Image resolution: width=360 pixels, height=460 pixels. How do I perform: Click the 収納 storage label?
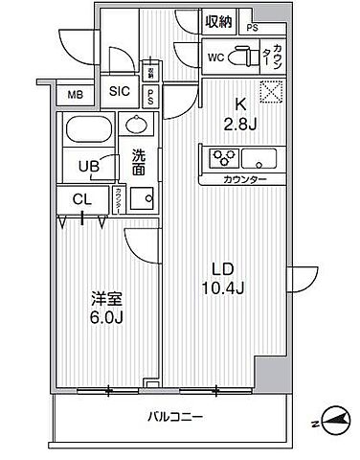[x=217, y=21]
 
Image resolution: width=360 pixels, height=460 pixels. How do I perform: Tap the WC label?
[x=215, y=56]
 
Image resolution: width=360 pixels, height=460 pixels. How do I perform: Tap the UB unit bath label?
[x=89, y=164]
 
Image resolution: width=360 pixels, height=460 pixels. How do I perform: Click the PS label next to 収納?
[x=253, y=28]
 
